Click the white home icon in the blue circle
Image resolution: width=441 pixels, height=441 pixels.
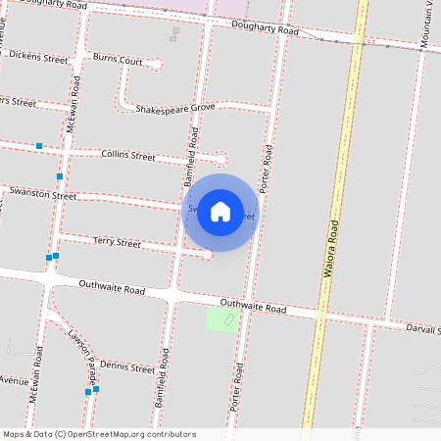click(220, 212)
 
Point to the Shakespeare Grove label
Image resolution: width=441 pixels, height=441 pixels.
click(175, 107)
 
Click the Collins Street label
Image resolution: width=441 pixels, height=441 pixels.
click(128, 155)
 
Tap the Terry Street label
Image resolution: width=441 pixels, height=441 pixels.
click(117, 241)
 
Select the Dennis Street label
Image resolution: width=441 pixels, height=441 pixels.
click(127, 366)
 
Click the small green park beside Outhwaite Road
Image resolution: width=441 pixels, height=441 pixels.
click(222, 318)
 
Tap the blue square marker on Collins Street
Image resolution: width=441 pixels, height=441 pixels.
click(39, 146)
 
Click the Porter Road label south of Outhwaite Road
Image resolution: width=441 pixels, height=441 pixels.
click(236, 387)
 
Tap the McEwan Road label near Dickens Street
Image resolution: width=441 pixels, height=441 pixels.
click(71, 115)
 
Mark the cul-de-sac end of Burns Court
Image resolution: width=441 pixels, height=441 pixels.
click(158, 64)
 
